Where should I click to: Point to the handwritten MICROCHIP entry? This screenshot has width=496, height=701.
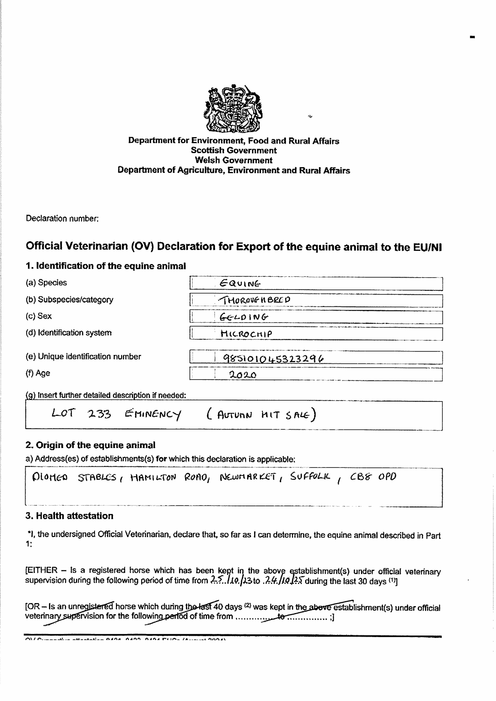tap(246, 334)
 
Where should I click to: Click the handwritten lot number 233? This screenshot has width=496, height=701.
tap(99, 414)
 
